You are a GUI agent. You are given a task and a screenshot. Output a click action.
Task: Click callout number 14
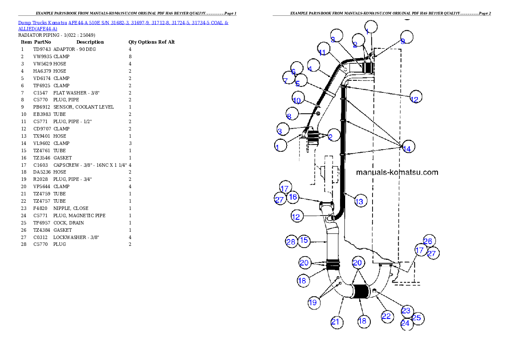[407, 148]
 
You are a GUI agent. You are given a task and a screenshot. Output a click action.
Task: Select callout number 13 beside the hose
[359, 201]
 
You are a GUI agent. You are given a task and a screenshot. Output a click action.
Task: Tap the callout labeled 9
[402, 41]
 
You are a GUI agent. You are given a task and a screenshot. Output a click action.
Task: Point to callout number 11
[322, 52]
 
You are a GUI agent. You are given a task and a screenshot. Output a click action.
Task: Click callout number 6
[294, 71]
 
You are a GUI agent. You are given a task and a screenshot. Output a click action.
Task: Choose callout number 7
[285, 81]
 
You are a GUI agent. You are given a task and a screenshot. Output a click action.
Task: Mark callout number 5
[289, 116]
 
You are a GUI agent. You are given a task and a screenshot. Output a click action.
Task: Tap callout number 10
[297, 100]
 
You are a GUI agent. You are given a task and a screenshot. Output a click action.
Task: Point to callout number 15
[304, 240]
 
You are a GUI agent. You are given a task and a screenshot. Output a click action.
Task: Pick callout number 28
[291, 242]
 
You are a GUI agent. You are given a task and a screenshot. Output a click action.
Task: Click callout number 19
[313, 302]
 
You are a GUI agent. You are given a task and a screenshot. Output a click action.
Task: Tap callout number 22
[386, 316]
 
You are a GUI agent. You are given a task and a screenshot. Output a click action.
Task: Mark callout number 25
[417, 318]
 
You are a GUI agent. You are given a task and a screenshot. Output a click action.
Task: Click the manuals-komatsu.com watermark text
[397, 172]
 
